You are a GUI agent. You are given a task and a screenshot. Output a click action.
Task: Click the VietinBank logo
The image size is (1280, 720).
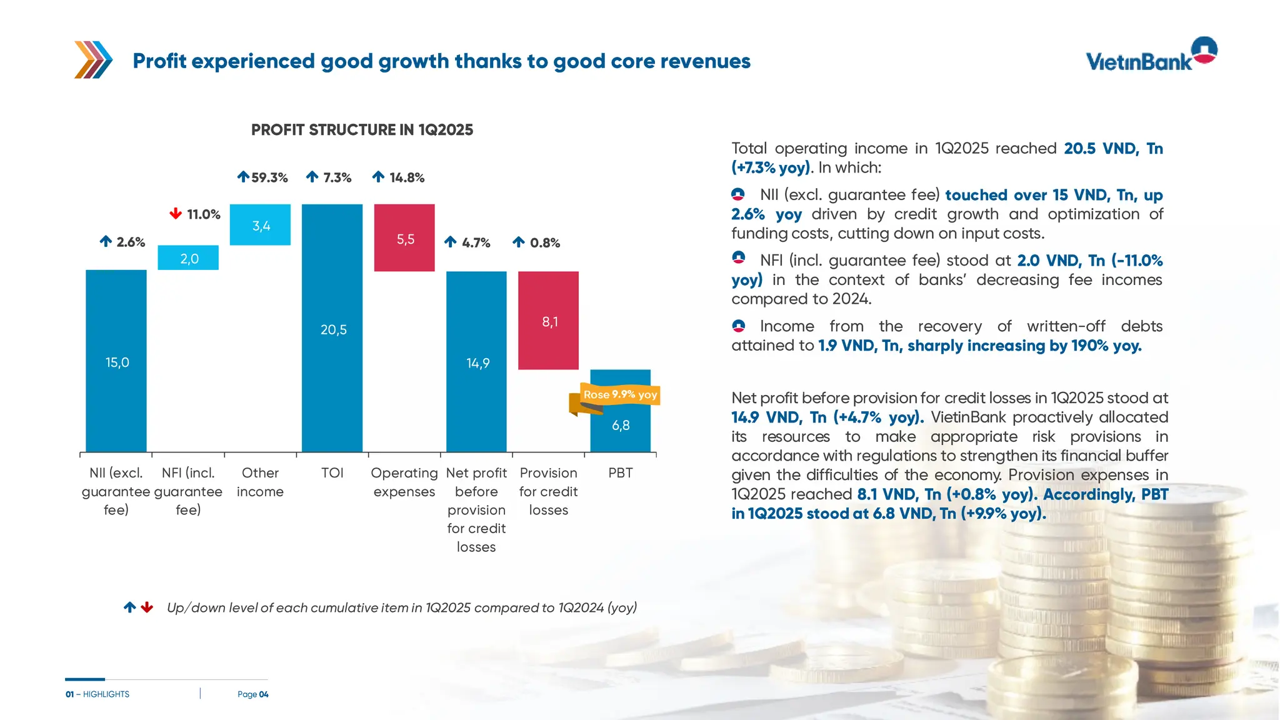[1151, 55]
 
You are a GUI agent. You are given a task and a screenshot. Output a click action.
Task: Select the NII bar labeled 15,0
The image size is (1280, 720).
[116, 361]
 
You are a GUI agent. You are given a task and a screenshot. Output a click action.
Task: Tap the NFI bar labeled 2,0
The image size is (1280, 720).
[188, 257]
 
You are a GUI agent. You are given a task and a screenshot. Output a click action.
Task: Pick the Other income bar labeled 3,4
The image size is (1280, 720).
[260, 225]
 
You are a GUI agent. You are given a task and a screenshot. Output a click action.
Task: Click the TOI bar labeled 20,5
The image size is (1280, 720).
[332, 328]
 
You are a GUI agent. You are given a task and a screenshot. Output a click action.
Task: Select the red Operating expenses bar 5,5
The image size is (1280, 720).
[404, 238]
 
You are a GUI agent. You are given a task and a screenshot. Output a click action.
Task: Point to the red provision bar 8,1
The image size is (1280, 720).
[548, 321]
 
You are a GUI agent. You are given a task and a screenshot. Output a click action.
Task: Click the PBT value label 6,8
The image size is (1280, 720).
[621, 426]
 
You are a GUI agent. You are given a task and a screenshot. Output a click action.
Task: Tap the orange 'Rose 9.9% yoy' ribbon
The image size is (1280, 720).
[619, 395]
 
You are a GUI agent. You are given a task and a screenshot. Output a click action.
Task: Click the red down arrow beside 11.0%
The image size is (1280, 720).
[176, 214]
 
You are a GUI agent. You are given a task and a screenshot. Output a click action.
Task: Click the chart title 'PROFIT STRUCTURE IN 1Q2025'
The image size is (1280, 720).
[362, 130]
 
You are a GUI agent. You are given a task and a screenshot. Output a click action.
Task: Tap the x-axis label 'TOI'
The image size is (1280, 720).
[332, 473]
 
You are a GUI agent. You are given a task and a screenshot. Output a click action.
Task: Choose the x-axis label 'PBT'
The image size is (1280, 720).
[621, 473]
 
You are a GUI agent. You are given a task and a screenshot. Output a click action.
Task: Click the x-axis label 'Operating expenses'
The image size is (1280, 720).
[404, 482]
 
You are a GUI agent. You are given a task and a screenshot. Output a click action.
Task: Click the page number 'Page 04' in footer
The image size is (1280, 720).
[252, 694]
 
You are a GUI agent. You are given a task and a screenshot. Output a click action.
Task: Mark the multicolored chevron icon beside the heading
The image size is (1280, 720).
[93, 60]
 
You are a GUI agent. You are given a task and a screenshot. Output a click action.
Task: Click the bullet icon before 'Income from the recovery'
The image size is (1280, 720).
[739, 326]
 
